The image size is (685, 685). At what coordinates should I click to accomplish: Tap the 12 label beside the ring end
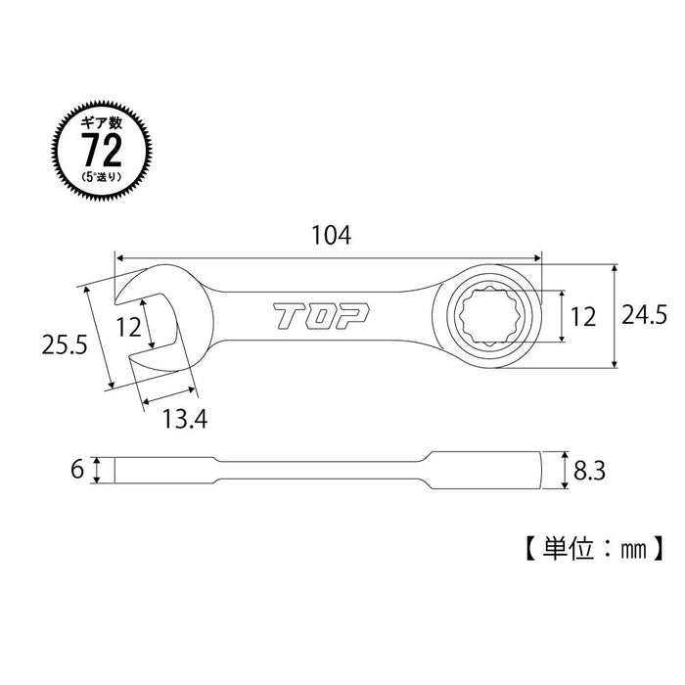pos(582,315)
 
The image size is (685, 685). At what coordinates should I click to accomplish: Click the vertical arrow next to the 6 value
pos(97,470)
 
